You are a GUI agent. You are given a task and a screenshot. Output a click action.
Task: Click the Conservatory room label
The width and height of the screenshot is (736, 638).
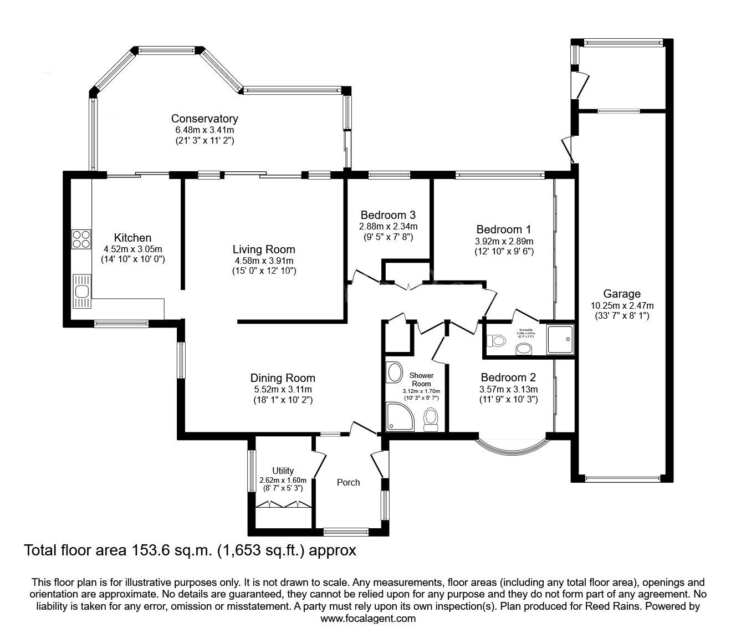[205, 119]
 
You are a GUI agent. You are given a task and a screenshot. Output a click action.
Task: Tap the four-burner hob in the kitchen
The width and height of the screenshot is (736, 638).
[80, 238]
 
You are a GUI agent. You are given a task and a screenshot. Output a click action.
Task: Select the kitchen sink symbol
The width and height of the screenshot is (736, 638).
[81, 291]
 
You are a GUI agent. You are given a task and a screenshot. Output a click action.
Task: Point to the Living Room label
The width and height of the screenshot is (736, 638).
[264, 249]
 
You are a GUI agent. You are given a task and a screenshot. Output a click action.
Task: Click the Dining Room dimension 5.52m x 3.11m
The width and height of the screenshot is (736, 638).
[282, 389]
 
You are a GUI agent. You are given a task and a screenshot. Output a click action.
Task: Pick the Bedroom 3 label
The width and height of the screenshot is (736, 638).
[388, 215]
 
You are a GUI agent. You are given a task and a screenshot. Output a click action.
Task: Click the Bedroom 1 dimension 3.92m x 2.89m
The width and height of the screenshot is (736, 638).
[504, 241]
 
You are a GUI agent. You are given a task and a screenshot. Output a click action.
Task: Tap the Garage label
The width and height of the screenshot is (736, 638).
[622, 294]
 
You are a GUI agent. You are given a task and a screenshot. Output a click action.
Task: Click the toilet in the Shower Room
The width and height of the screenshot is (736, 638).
[431, 419]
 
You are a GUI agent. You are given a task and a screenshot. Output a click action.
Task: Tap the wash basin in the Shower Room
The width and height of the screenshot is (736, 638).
[395, 372]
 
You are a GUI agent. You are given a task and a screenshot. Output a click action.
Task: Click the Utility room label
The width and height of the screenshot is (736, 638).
[283, 471]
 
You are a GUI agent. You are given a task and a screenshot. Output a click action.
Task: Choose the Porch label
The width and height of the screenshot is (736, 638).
[348, 482]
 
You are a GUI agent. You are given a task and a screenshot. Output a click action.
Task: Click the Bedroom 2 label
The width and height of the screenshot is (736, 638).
[508, 377]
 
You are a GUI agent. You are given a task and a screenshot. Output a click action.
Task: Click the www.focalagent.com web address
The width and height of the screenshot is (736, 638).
[368, 618]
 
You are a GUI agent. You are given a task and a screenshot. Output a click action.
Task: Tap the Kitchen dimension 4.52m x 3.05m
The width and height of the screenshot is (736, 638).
[132, 249]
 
